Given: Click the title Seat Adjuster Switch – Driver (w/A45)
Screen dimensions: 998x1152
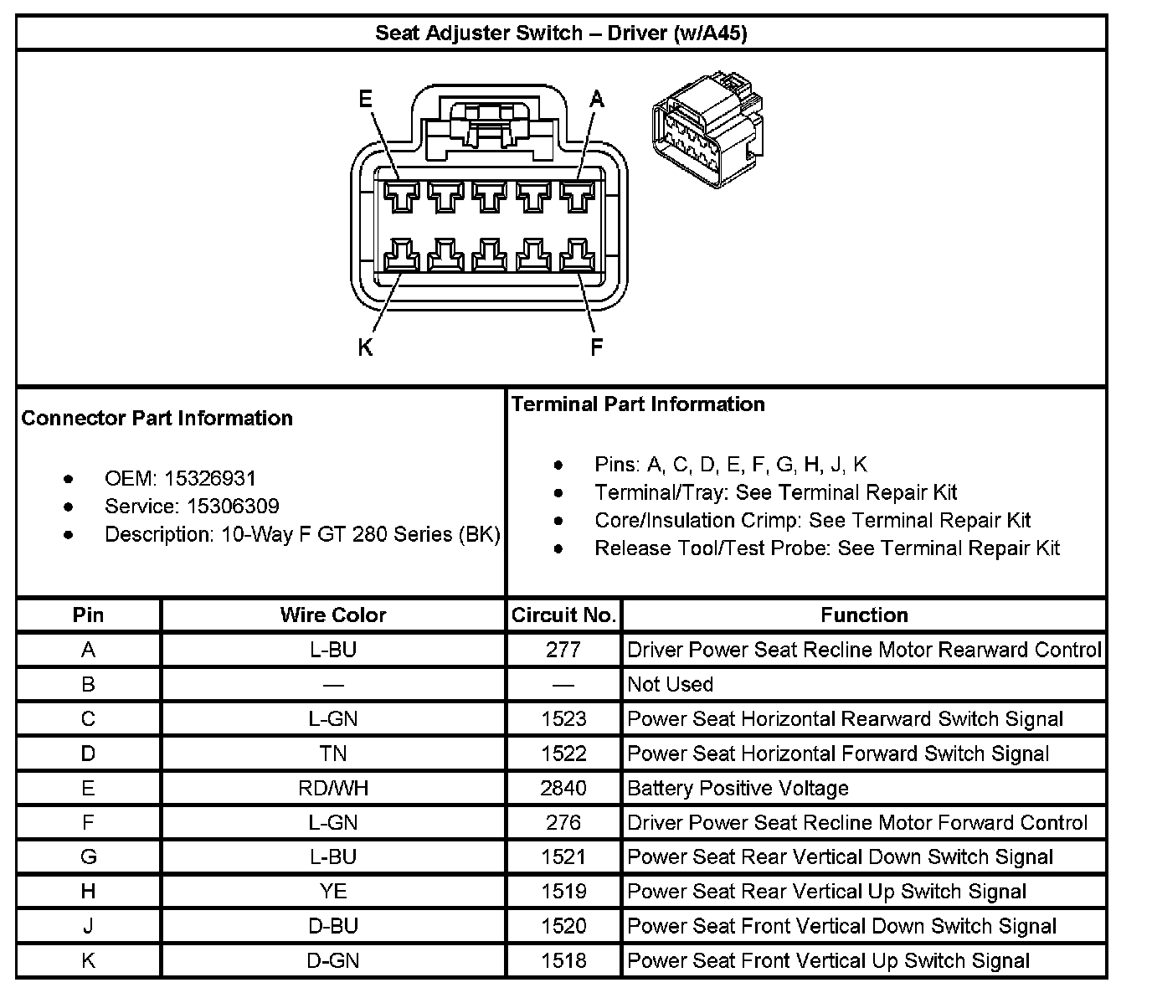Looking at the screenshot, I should (x=561, y=33).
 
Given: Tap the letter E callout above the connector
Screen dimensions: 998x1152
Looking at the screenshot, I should (x=365, y=100).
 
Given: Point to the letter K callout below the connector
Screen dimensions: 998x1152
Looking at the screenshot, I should (x=365, y=347).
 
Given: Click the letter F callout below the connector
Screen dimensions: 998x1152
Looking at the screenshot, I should (x=597, y=347).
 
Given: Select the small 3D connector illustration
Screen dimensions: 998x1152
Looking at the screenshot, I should (x=707, y=132).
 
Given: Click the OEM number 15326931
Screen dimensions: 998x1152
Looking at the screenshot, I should (x=210, y=478).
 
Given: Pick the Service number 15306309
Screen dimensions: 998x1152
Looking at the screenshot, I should (x=233, y=506).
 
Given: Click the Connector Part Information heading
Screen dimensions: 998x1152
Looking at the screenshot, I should (x=157, y=418).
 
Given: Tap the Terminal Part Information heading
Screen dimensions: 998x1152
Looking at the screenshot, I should (x=638, y=404).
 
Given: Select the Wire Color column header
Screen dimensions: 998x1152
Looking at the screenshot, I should (x=333, y=615).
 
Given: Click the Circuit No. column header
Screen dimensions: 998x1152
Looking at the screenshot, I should (x=563, y=615).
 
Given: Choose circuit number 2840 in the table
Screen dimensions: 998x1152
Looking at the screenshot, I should (x=563, y=788).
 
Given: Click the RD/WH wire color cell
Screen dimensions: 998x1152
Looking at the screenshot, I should (x=333, y=788).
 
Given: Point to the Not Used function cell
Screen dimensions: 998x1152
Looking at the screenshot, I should (x=670, y=684).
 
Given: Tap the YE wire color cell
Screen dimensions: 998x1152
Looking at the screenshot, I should (x=333, y=892).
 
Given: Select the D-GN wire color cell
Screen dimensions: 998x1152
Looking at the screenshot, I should (x=333, y=960).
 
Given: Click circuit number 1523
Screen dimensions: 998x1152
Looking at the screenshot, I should (x=563, y=719).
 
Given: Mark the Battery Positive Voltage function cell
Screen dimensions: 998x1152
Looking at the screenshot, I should (x=738, y=788).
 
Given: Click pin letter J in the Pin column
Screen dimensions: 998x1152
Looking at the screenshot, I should (x=88, y=926).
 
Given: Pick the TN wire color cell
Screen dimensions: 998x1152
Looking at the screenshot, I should (x=333, y=754).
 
